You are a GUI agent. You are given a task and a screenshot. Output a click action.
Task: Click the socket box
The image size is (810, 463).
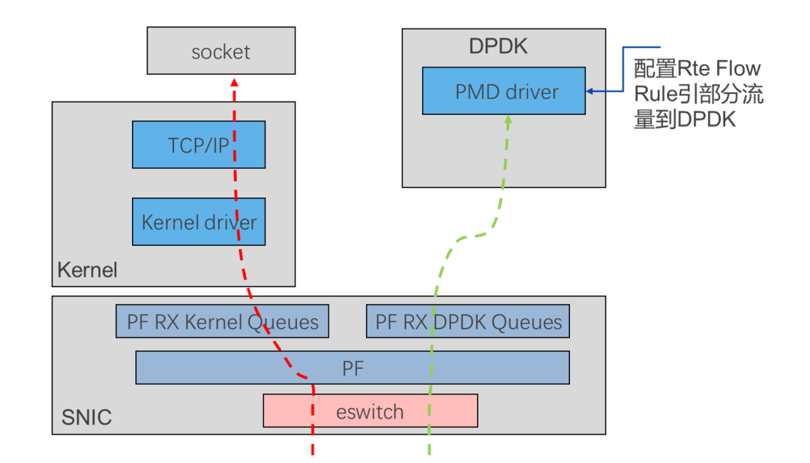point(221,50)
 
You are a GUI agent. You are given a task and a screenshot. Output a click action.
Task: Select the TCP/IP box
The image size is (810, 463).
point(199,145)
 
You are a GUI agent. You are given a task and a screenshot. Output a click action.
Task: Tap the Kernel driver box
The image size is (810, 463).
point(199,221)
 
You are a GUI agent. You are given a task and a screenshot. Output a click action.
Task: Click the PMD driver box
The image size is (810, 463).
point(504,91)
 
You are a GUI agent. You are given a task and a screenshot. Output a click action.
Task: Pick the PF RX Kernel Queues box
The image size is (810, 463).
point(222,321)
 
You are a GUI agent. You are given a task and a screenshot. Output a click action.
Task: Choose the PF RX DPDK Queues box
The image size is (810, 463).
point(468,321)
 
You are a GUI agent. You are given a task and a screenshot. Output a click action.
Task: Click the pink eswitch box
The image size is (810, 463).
point(370,410)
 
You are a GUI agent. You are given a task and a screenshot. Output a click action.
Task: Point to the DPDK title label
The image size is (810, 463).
point(498,47)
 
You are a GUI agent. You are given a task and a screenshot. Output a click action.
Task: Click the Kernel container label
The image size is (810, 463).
point(87,269)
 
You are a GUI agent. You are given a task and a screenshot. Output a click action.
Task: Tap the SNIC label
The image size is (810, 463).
point(86,417)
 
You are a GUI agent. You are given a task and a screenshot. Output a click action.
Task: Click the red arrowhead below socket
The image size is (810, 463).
point(235,82)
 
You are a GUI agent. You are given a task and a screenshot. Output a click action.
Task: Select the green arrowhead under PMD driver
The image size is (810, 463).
point(508,120)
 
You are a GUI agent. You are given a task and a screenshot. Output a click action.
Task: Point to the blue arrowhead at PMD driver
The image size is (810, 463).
point(589,92)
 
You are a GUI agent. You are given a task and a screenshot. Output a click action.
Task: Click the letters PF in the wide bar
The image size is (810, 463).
point(352,368)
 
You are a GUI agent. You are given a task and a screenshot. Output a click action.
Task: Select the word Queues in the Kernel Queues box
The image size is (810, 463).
point(283,323)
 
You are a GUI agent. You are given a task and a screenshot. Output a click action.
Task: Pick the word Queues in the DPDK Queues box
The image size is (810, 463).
point(526,323)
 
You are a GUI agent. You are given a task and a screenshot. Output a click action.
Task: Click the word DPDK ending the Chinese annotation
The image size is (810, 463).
point(706,120)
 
